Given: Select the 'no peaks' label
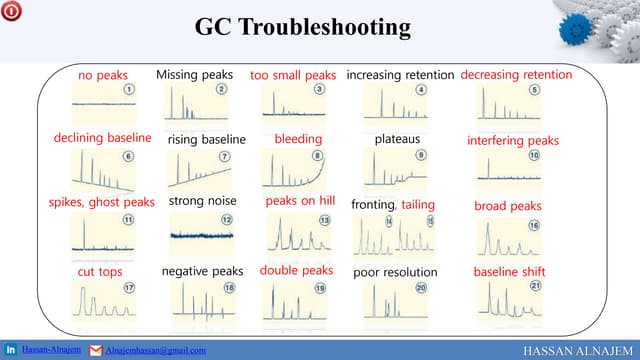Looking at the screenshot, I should click(x=104, y=75).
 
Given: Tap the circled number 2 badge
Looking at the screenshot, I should click(x=221, y=90).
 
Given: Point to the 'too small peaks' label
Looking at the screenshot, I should click(x=293, y=75).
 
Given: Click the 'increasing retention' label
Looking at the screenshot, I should click(x=400, y=75).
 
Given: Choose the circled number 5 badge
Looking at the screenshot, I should click(x=534, y=90).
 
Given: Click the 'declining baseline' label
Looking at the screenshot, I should click(x=102, y=138).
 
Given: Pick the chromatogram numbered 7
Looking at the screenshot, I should click(x=199, y=170).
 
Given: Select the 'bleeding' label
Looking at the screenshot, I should click(x=298, y=138).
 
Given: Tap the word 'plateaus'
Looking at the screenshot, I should click(x=397, y=138).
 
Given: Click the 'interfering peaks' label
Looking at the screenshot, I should click(x=513, y=140).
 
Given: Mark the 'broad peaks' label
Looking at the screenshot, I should click(x=507, y=206).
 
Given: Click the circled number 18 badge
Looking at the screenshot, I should click(x=229, y=288).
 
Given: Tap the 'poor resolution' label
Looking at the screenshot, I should click(x=396, y=272).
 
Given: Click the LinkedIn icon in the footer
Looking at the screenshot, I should click(x=11, y=350).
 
